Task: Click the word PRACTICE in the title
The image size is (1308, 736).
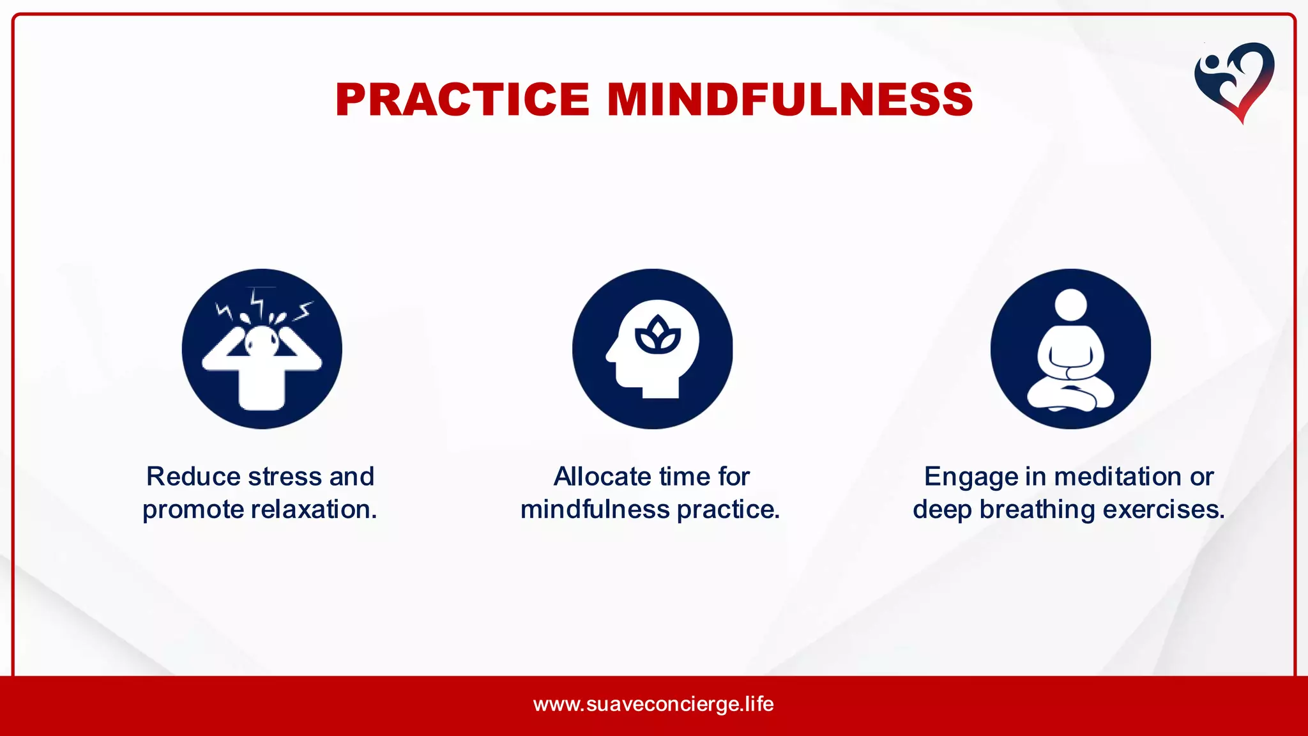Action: click(462, 100)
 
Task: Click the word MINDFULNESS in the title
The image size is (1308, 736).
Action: click(789, 100)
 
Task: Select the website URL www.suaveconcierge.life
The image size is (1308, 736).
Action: click(653, 704)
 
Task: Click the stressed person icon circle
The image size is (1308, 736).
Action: click(262, 349)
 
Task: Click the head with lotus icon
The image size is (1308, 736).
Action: click(652, 349)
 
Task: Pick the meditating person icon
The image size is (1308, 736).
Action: click(1070, 349)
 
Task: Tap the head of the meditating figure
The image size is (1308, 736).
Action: click(1070, 305)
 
